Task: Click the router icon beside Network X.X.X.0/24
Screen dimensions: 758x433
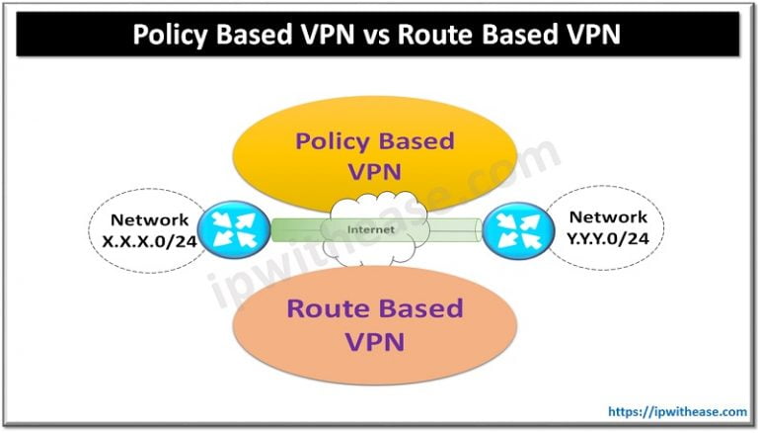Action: pyautogui.click(x=234, y=229)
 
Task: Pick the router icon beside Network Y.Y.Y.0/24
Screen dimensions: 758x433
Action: pyautogui.click(x=518, y=230)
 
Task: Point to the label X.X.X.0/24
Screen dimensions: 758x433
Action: pyautogui.click(x=149, y=241)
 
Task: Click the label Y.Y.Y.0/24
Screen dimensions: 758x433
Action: pyautogui.click(x=608, y=238)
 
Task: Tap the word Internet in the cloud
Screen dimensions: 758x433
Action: pyautogui.click(x=371, y=229)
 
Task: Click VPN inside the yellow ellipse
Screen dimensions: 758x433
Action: pyautogui.click(x=375, y=172)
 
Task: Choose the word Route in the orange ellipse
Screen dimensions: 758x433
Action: pyautogui.click(x=327, y=308)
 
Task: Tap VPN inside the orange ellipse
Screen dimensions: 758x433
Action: pyautogui.click(x=375, y=341)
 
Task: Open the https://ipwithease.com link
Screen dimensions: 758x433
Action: pyautogui.click(x=677, y=411)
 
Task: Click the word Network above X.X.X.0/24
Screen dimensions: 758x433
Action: pyautogui.click(x=149, y=219)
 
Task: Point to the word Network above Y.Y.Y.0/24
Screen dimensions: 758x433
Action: pyautogui.click(x=608, y=216)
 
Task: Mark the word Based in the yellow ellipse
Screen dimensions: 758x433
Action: pyautogui.click(x=417, y=141)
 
